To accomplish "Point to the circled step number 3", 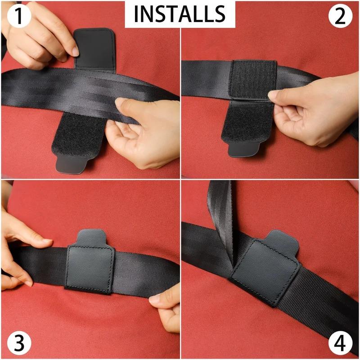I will click(x=17, y=343).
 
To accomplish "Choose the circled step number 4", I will click(x=343, y=343).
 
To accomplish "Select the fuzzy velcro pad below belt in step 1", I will click(x=76, y=133).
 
